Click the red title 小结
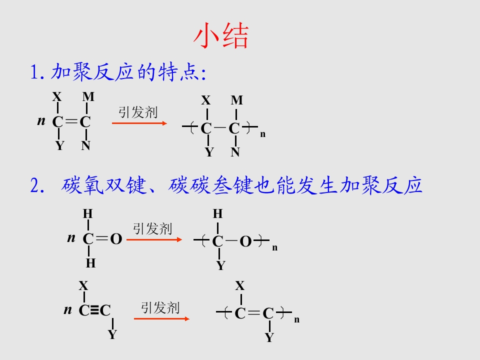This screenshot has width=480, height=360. pos(220,35)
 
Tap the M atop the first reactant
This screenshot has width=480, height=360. pos(88,96)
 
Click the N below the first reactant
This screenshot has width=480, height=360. pos(85,145)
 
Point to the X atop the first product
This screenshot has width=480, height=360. pos(206,100)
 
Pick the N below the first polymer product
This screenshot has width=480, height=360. pos(235,152)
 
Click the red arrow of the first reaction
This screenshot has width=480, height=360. pos(139,123)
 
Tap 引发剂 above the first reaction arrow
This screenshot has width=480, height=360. pos(138,112)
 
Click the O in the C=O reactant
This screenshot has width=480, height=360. pos(116,239)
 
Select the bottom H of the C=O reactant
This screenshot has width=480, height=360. pos(90,263)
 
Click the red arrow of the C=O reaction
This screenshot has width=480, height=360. pos(154,239)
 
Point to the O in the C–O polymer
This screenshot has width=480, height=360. pos(246,241)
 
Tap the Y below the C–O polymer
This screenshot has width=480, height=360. pos(220,265)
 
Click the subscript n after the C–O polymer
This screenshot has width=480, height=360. pos(275,247)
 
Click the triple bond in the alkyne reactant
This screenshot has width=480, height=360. pos(95,310)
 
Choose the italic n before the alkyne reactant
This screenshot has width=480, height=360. pos(67,309)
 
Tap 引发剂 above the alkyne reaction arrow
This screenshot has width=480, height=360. pos(160,307)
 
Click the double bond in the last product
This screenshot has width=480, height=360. pos(254,312)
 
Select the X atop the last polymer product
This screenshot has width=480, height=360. pos(240,285)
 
